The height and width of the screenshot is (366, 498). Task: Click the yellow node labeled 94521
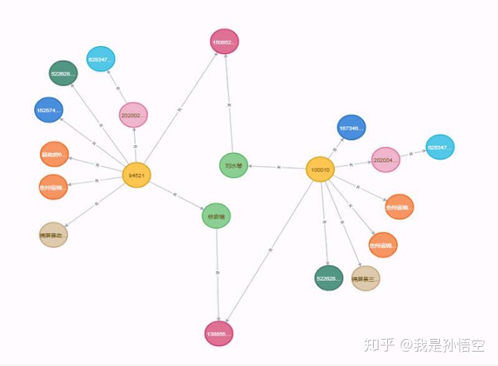point(136,175)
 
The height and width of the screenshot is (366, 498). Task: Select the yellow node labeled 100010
point(320,169)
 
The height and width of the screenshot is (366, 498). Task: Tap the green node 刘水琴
point(233,165)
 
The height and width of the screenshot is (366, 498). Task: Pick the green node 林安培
point(216,215)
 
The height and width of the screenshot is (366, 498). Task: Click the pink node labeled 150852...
point(224,41)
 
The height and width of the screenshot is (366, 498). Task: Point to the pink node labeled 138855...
point(218,334)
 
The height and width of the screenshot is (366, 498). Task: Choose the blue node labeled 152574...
point(49,110)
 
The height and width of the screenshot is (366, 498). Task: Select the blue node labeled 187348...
point(351,128)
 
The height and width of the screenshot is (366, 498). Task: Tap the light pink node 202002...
point(133,116)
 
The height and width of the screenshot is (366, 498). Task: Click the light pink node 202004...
point(386,159)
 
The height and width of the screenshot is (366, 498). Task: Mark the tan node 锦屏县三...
point(365,278)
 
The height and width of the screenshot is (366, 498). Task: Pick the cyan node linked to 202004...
point(439,148)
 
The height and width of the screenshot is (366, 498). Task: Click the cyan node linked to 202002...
point(100,59)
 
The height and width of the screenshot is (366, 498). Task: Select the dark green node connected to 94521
point(63,73)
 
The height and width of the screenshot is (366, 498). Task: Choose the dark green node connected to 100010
point(328,277)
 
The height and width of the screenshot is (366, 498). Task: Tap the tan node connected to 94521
point(53,234)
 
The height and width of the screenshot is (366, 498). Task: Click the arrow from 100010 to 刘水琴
point(276,167)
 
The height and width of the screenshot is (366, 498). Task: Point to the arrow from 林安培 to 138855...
point(218,274)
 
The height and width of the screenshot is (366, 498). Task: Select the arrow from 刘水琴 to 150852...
point(229,104)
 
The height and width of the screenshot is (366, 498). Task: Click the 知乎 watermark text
point(378,344)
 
